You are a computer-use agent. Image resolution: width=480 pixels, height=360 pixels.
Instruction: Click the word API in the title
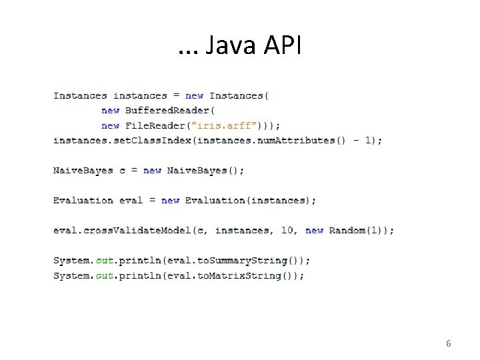283,46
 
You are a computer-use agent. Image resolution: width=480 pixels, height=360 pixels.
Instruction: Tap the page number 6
448,344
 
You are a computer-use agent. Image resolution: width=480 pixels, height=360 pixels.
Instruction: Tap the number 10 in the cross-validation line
287,231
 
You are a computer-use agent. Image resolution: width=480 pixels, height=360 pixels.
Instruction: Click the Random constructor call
347,231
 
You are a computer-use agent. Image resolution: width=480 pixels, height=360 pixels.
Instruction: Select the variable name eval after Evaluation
131,201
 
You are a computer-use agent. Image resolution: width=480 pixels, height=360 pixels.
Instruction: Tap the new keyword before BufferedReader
110,111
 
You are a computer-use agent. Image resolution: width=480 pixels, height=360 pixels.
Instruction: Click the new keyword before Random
314,231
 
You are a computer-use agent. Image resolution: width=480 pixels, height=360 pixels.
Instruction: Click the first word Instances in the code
80,96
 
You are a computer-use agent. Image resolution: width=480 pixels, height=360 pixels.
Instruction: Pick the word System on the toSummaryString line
71,261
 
